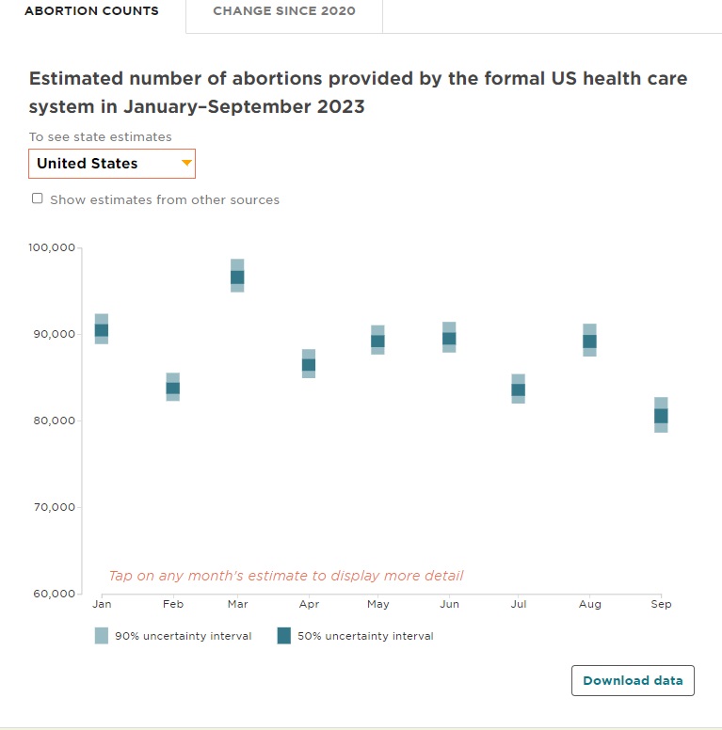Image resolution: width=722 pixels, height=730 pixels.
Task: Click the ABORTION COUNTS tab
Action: [91, 11]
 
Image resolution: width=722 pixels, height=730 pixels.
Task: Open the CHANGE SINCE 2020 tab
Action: [284, 11]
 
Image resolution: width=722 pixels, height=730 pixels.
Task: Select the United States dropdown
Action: [111, 164]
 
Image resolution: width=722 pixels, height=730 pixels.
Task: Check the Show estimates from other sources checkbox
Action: [38, 198]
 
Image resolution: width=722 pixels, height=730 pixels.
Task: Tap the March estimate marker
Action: [237, 277]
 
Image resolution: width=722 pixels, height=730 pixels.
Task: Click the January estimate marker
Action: [102, 329]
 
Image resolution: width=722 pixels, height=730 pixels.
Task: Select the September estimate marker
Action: [661, 415]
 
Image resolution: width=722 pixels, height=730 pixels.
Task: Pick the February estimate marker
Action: [172, 388]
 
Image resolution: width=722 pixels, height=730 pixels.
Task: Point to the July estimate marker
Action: [518, 389]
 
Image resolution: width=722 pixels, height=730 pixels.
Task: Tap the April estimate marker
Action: [308, 364]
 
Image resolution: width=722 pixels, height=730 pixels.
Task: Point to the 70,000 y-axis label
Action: [51, 508]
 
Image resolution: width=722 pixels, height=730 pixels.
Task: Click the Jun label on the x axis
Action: [449, 604]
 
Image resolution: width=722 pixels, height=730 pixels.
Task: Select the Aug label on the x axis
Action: [589, 604]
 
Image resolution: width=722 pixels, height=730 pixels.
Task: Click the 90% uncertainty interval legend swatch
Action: [102, 636]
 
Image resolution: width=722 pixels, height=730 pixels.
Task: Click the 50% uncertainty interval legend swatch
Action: [284, 636]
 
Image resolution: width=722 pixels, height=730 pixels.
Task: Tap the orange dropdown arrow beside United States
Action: [186, 164]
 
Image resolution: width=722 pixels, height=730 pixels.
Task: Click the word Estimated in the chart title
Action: [74, 79]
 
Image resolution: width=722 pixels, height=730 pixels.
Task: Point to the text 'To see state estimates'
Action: [100, 137]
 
